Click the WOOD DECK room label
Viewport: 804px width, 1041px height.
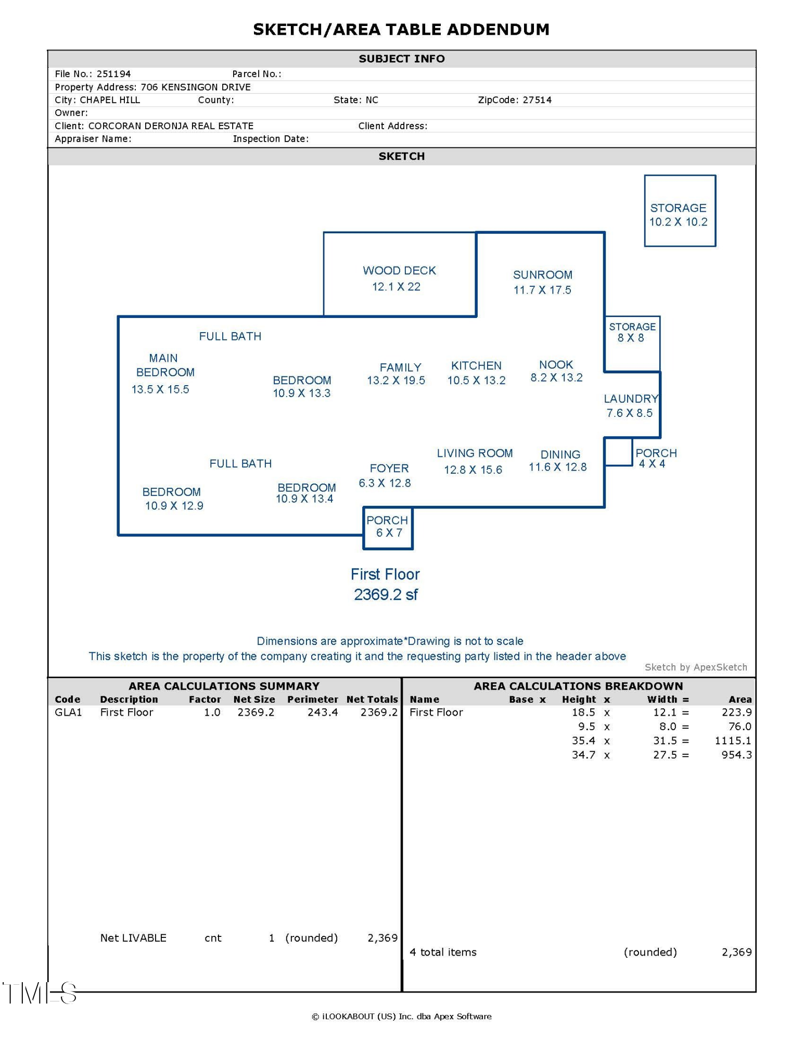399,271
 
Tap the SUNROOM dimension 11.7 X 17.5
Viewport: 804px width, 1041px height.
542,290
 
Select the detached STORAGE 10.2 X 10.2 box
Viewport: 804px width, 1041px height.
680,211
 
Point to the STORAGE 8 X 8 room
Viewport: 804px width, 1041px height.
632,344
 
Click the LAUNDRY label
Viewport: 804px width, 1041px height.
631,399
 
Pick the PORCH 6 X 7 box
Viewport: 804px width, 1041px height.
388,528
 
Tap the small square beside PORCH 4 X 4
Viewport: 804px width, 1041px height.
618,452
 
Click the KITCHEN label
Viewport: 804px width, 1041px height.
476,366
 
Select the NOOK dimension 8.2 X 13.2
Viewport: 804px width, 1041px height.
556,378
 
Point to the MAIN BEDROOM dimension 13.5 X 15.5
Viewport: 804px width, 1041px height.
160,390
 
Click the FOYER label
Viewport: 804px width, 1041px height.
389,468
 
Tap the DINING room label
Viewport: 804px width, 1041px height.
560,455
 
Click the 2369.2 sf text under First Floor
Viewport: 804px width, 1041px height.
386,595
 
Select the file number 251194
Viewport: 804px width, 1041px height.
113,74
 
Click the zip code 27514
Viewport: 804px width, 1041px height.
537,100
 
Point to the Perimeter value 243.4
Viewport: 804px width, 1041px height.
322,713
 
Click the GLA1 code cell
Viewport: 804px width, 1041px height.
68,713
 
